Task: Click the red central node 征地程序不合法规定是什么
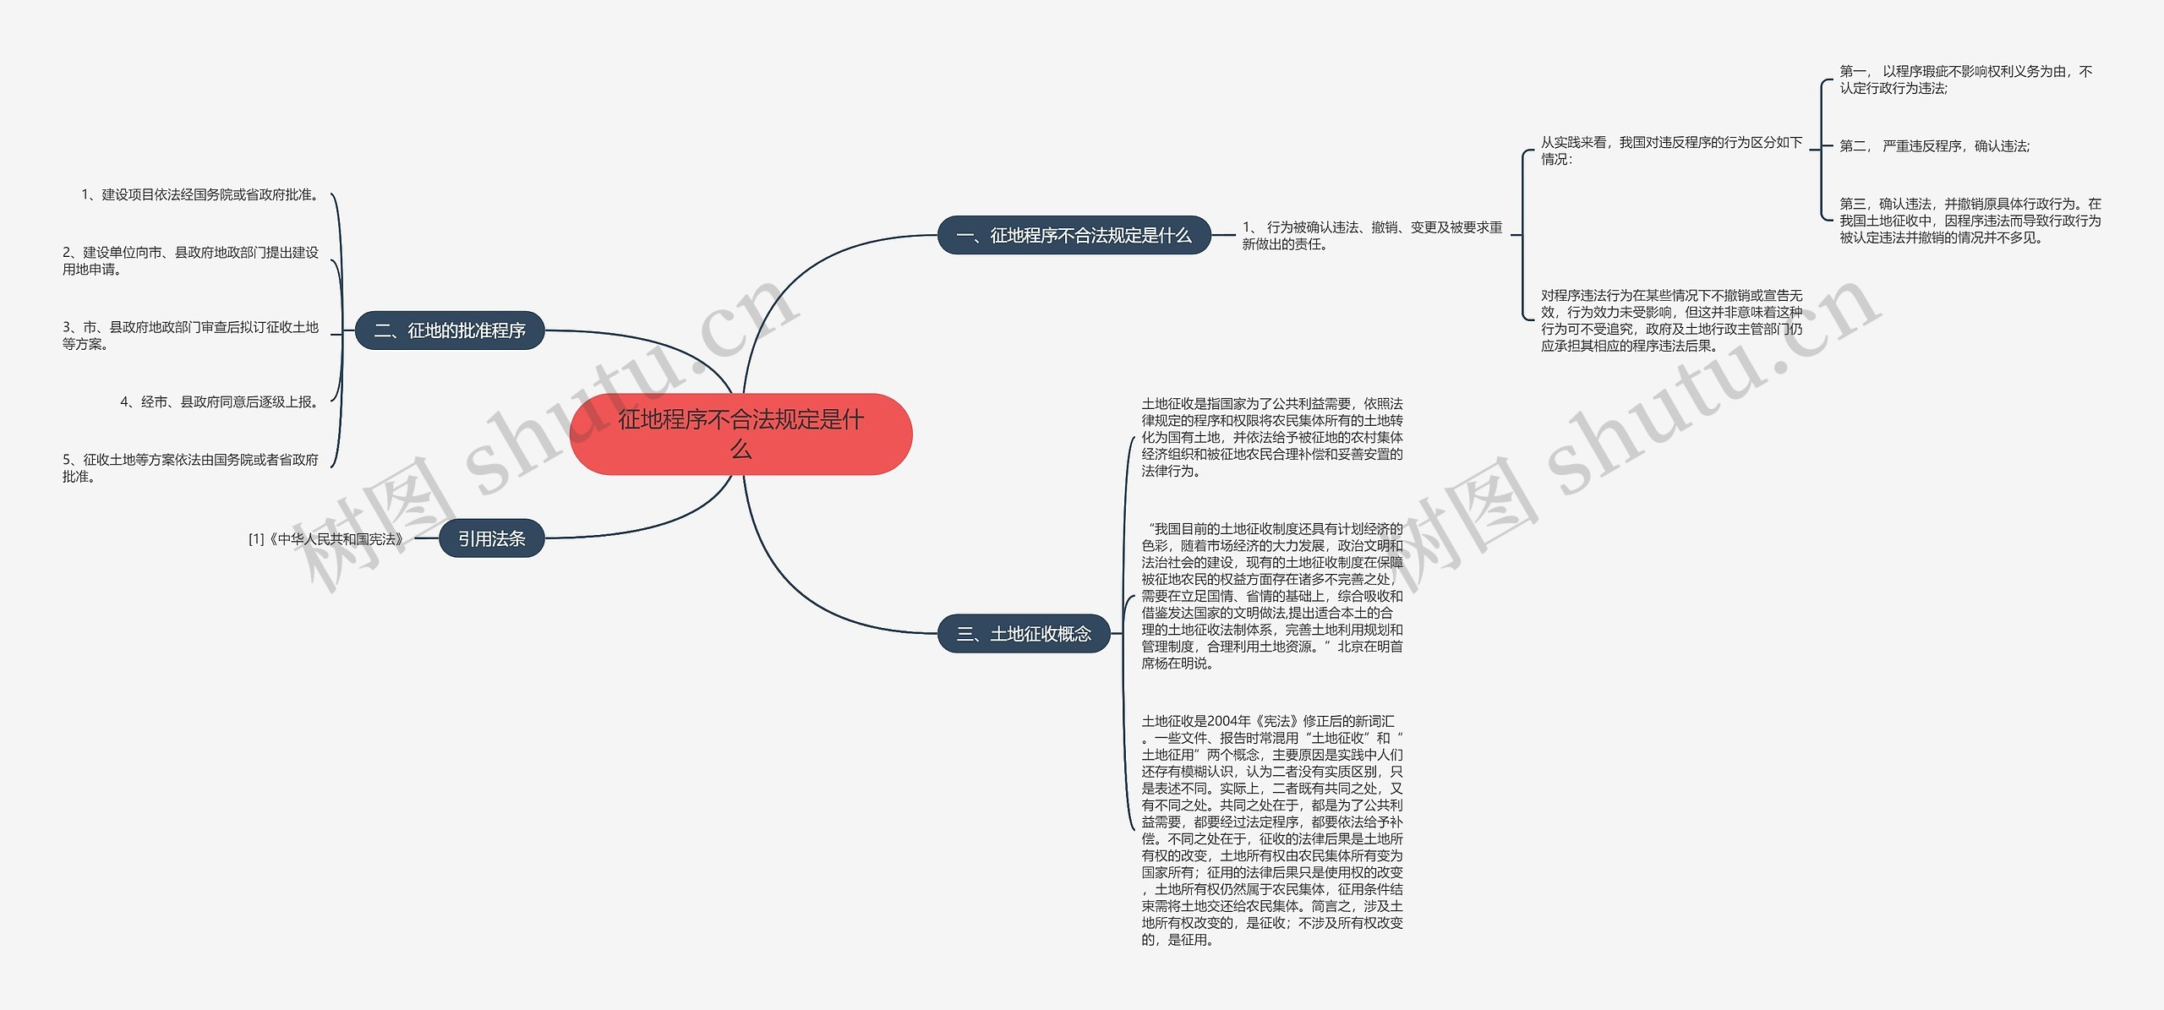pos(740,434)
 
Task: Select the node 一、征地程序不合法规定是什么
pos(1074,236)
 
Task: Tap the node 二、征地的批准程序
pos(450,330)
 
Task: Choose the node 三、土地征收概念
pos(1024,634)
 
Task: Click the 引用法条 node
pos(491,538)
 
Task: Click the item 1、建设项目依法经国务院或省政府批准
pos(201,195)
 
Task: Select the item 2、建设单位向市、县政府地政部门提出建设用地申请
pos(190,261)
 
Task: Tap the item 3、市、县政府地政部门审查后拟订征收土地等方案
pos(190,336)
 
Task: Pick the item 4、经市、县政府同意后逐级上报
pos(221,402)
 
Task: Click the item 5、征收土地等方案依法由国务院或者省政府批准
pos(190,468)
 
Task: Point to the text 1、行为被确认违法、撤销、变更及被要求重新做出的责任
pos(1372,236)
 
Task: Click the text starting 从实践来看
pos(1671,150)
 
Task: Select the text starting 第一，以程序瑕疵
pos(1965,79)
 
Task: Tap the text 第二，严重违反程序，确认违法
pos(1934,146)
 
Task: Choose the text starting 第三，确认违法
pos(1970,221)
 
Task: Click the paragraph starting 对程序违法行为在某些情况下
pos(1671,320)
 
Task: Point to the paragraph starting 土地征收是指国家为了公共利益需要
pos(1271,437)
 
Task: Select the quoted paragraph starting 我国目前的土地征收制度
pos(1271,596)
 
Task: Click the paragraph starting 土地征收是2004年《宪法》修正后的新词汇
pos(1271,830)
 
